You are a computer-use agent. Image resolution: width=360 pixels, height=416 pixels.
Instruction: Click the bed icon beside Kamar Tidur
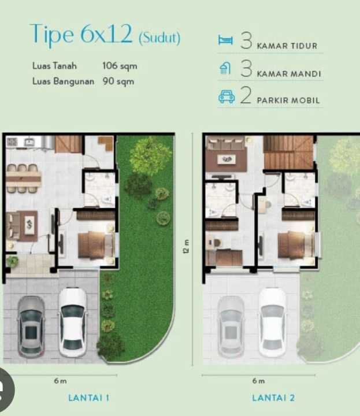[x=225, y=40]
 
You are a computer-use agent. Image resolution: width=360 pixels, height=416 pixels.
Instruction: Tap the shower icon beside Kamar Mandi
[x=225, y=68]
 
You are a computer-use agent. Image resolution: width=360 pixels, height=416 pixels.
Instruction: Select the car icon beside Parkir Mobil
[x=227, y=96]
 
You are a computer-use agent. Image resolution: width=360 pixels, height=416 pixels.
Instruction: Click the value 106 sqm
[x=120, y=66]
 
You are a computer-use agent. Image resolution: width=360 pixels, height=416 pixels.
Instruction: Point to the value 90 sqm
[x=118, y=81]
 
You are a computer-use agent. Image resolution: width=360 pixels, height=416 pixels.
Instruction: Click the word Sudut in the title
[x=159, y=38]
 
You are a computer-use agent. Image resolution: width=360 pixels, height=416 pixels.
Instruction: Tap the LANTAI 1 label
[x=88, y=398]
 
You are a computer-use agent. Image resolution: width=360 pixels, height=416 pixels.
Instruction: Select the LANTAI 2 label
[x=273, y=398]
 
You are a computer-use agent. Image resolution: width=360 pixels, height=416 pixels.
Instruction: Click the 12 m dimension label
[x=187, y=246]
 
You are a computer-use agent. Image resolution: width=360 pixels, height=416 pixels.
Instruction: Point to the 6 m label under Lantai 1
[x=60, y=381]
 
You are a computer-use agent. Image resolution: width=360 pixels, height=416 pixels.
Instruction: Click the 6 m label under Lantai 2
[x=258, y=381]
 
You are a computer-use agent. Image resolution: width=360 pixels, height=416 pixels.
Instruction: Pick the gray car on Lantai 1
[x=31, y=326]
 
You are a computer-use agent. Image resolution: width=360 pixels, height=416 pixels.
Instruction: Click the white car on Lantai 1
[x=72, y=322]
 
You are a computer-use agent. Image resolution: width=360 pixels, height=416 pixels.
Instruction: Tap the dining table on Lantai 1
[x=23, y=179]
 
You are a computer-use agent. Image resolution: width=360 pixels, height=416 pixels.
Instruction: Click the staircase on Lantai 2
[x=288, y=153]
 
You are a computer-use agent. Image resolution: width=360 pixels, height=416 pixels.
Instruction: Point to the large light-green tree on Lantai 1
[x=150, y=156]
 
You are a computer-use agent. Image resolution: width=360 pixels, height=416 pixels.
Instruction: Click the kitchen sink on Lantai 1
[x=29, y=142]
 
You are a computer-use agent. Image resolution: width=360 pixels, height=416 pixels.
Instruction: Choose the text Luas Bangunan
[x=63, y=81]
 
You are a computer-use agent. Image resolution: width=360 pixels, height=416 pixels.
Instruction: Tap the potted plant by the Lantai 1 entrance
[x=12, y=261]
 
